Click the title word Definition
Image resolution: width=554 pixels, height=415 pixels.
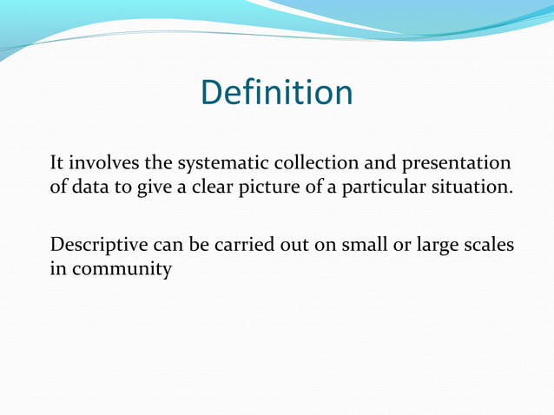276,93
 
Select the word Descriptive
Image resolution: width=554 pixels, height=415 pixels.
96,246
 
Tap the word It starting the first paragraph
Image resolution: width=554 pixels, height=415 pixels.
57,162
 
